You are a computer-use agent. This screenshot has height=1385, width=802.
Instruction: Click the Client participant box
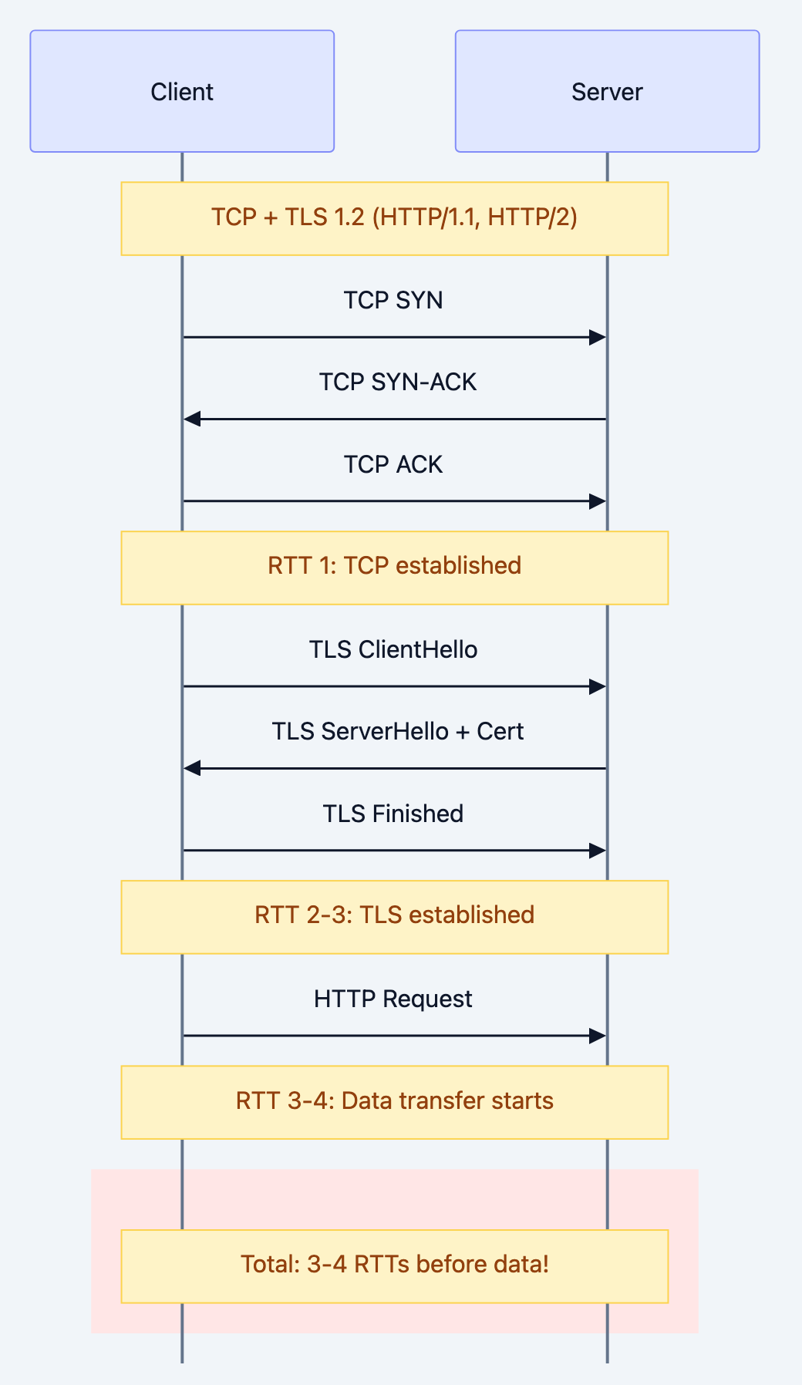click(182, 91)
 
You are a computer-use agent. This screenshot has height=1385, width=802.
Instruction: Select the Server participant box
click(607, 91)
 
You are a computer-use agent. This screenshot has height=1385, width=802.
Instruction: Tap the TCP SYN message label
click(393, 300)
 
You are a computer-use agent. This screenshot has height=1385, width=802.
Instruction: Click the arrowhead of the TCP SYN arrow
click(598, 337)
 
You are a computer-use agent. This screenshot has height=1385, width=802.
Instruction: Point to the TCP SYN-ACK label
click(398, 382)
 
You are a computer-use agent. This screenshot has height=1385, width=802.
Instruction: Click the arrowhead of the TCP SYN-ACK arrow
click(192, 419)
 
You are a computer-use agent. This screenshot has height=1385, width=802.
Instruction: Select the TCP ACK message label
click(393, 464)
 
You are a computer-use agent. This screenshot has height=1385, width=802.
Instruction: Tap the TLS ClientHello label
click(393, 649)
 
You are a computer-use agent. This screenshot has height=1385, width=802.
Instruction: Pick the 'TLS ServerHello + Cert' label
click(398, 731)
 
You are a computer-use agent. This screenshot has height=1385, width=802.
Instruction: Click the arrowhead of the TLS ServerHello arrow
click(192, 768)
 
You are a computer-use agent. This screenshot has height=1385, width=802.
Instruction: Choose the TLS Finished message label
click(393, 814)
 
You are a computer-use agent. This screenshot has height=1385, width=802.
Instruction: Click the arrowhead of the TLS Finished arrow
click(598, 851)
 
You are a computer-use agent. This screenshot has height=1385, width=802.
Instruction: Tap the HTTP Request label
click(393, 999)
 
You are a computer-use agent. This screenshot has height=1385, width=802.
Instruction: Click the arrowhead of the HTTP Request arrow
click(598, 1036)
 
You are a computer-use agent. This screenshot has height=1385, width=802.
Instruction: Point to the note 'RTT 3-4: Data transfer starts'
click(394, 1101)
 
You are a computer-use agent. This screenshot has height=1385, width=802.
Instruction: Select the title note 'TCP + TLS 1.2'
click(394, 217)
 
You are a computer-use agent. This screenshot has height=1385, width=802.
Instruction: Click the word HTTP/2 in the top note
click(532, 217)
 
